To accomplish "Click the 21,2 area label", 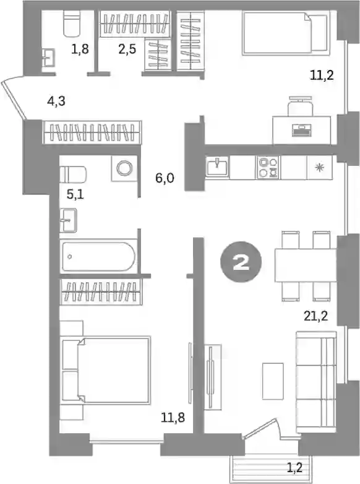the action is tap(315, 316).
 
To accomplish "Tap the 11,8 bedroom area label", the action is tap(173, 418).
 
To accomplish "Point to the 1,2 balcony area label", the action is tap(294, 469).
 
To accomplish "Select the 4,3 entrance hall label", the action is tap(56, 101).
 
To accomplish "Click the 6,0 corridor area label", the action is tap(165, 178).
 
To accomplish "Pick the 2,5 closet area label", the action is tap(127, 49).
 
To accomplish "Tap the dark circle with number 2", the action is tap(241, 262).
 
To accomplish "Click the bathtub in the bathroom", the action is tap(99, 256).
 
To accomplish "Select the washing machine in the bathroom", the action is tap(124, 168).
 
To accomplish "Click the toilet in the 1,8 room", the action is tap(72, 24).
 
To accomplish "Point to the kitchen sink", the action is tap(218, 167).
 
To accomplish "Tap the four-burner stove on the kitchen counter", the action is tap(268, 167).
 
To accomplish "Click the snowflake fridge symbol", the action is tap(319, 167).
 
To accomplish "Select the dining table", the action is tap(306, 265).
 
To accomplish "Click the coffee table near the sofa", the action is tap(273, 381).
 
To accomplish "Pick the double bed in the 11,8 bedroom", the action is tap(106, 370).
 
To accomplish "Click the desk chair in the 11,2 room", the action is tap(300, 106).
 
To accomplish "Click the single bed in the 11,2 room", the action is tap(285, 33).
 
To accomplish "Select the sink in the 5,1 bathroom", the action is tap(69, 220).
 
